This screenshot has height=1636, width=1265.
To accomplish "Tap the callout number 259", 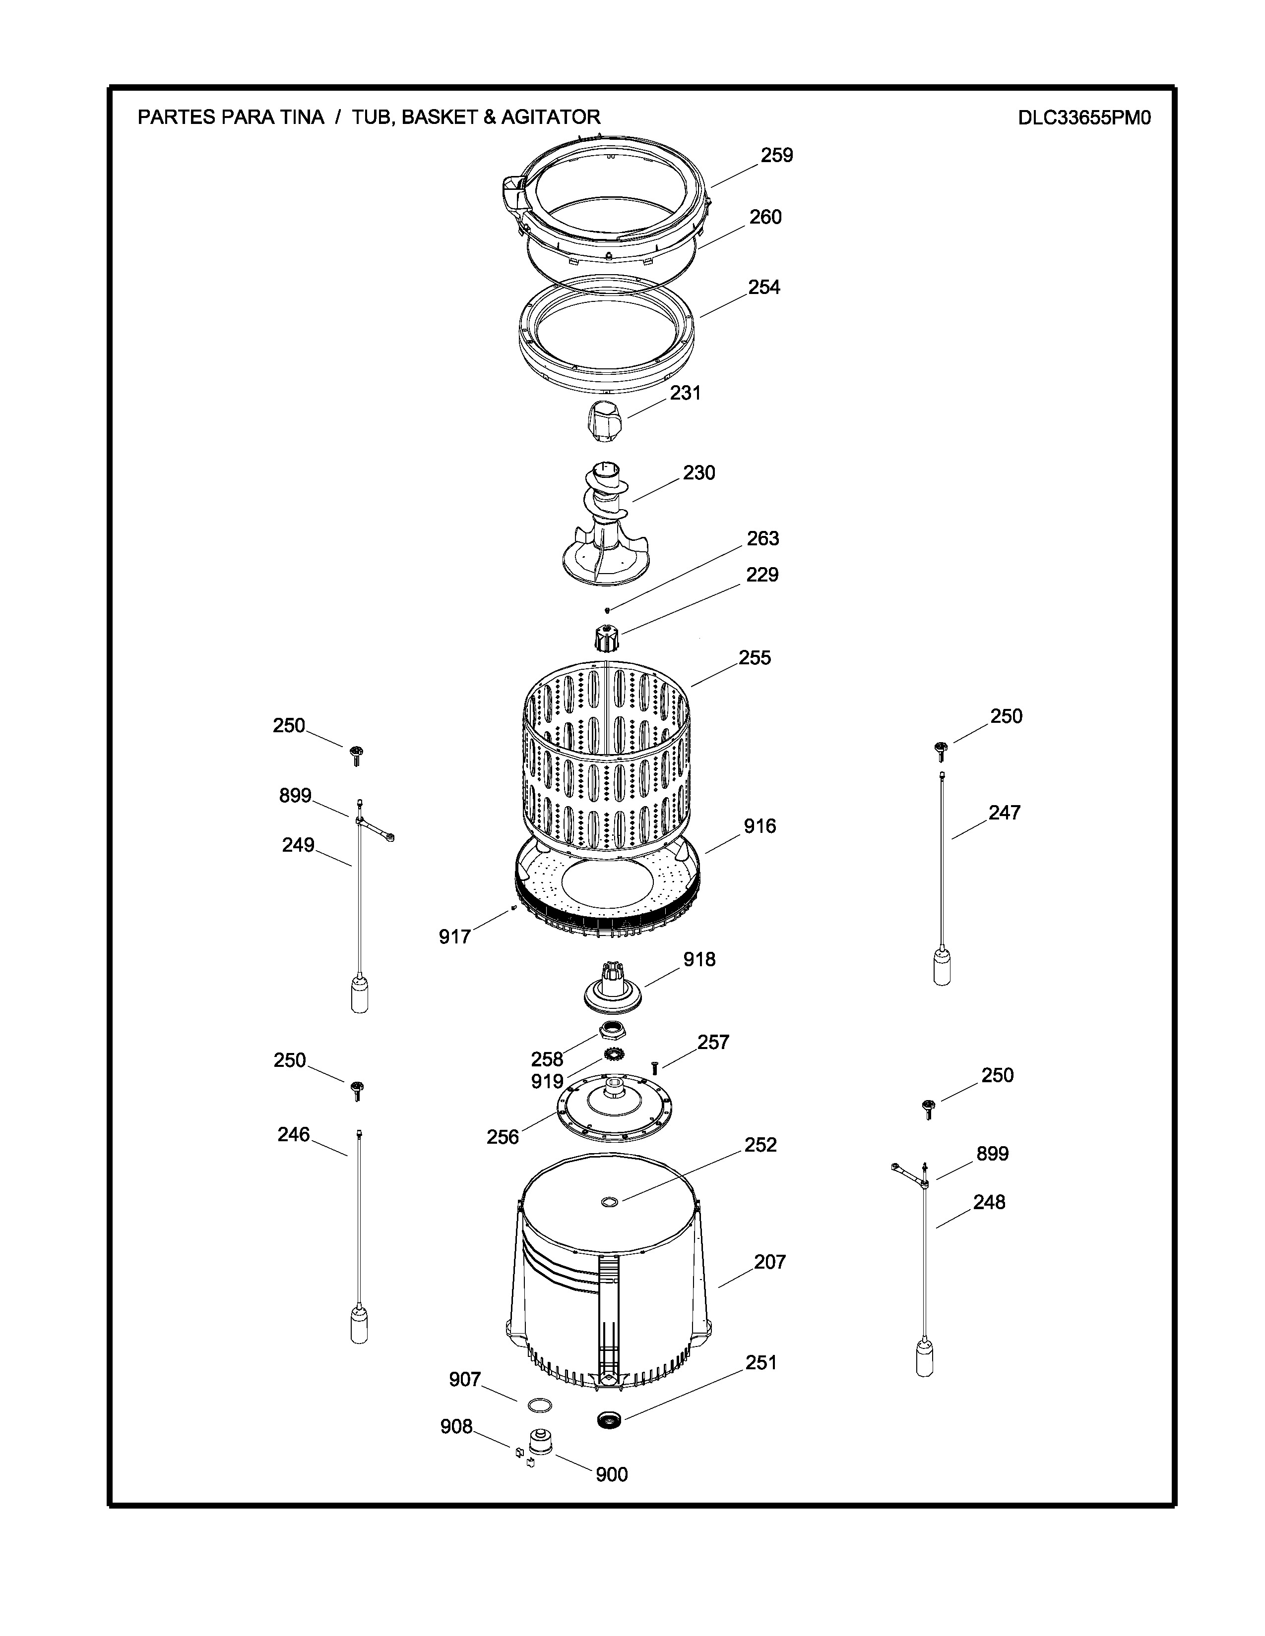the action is [x=776, y=155].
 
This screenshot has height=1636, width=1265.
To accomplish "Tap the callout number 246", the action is [x=294, y=1134].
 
